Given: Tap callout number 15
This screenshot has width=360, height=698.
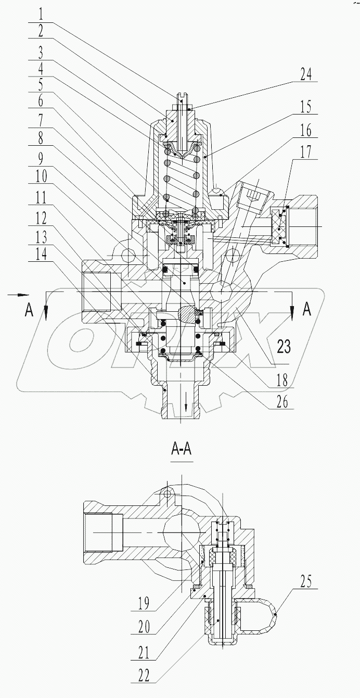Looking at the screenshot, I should (306, 108).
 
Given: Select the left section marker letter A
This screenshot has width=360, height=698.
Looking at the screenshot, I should (29, 310).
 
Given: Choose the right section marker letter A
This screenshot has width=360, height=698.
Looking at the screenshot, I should (307, 310).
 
